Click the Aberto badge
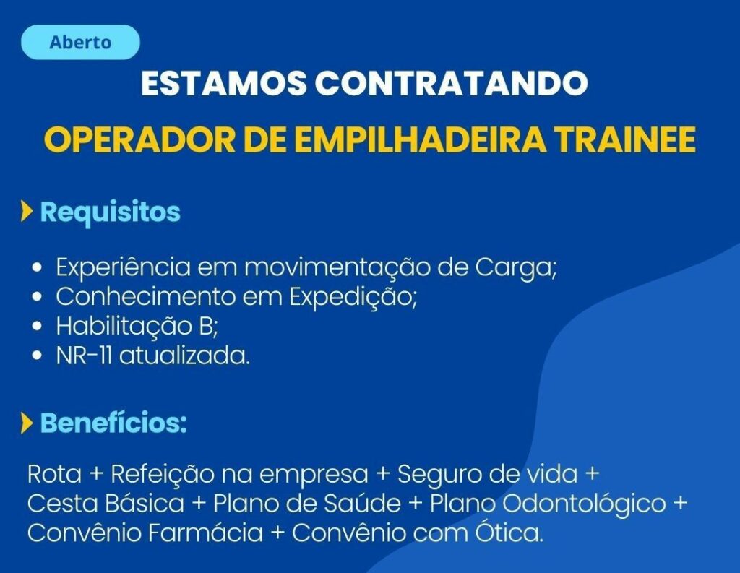pos(81,42)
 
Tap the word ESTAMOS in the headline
pos(224,83)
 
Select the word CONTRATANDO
pos(451,83)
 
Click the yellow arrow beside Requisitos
pos(27,212)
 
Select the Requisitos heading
pos(110,212)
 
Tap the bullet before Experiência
pos(38,267)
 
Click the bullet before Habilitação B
pos(38,326)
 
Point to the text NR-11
pos(84,356)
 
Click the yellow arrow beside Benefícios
pos(27,423)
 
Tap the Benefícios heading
pos(113,423)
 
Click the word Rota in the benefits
pos(54,474)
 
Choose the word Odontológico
pos(584,504)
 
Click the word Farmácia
pos(205,533)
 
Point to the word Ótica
pos(506,532)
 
